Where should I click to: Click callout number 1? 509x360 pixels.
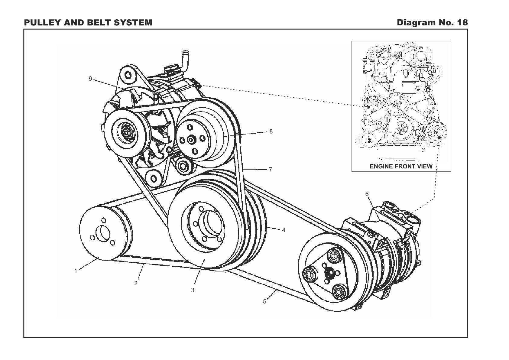click(x=76, y=271)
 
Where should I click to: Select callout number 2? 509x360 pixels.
click(x=136, y=283)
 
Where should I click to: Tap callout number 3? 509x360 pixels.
click(x=193, y=290)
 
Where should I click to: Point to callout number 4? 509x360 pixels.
click(x=284, y=230)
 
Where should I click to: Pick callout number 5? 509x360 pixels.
click(x=264, y=301)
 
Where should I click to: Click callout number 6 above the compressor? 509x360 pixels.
click(x=367, y=194)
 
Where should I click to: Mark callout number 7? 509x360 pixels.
click(x=270, y=170)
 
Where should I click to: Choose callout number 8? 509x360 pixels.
click(x=271, y=131)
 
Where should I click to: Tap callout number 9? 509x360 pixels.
click(x=90, y=79)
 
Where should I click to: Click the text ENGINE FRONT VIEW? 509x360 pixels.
click(x=401, y=166)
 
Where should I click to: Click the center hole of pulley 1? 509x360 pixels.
click(x=102, y=233)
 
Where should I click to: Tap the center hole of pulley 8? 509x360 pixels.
click(x=191, y=140)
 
